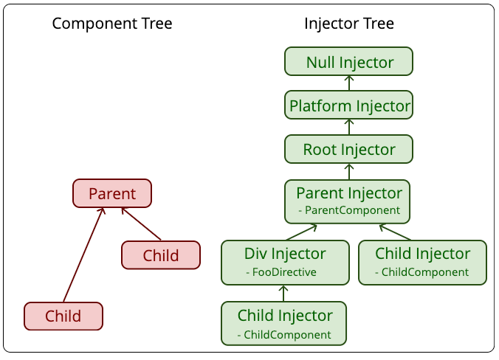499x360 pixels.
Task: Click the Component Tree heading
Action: [x=112, y=24]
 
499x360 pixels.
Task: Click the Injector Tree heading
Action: [x=349, y=24]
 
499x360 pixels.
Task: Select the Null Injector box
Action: [x=349, y=61]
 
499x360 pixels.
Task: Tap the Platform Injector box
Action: [x=349, y=105]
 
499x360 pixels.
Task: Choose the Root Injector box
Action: [x=349, y=149]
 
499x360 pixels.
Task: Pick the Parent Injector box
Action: [x=347, y=201]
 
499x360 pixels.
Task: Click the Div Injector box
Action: [x=285, y=263]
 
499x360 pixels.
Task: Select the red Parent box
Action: [x=112, y=193]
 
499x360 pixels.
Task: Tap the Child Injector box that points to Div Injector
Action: [x=284, y=323]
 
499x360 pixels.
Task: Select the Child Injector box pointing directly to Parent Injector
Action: [x=423, y=263]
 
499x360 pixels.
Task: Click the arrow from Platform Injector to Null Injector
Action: [x=349, y=83]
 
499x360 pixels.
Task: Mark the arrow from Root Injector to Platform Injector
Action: [x=349, y=127]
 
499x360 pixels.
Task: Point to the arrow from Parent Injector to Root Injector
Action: [x=349, y=172]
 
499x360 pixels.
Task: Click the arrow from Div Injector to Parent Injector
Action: [x=301, y=232]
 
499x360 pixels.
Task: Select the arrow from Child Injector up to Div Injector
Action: [x=283, y=293]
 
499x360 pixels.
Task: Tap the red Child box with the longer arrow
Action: [x=63, y=316]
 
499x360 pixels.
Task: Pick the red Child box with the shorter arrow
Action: [x=161, y=255]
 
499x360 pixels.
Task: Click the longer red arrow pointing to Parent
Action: [x=83, y=255]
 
